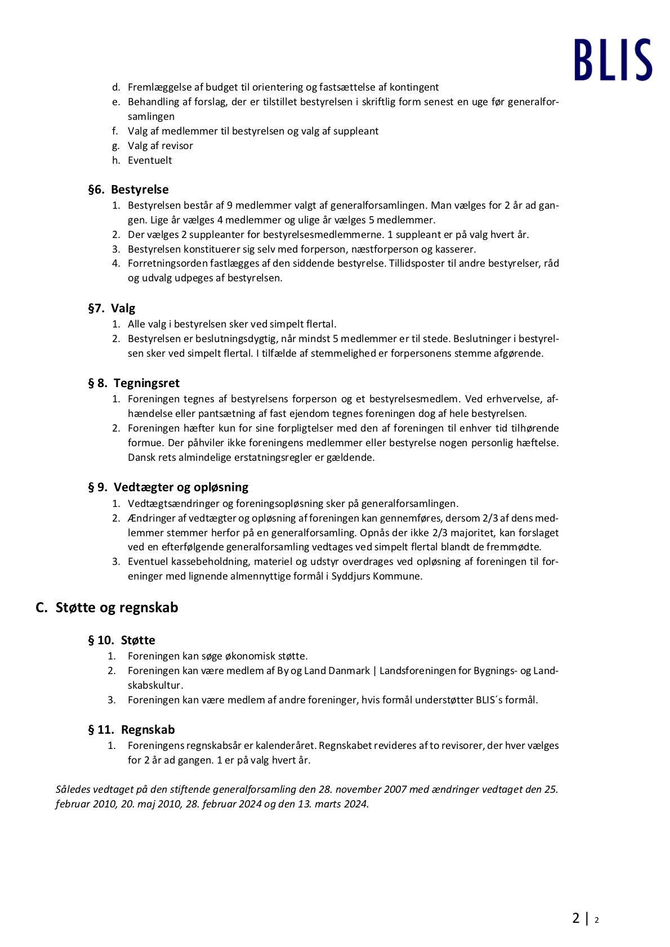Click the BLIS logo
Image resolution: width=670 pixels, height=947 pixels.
pyautogui.click(x=613, y=60)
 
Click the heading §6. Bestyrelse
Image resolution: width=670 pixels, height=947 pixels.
pyautogui.click(x=128, y=190)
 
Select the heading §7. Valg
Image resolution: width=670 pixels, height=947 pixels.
pyautogui.click(x=111, y=308)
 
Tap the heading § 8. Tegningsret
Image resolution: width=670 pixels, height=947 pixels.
pyautogui.click(x=133, y=383)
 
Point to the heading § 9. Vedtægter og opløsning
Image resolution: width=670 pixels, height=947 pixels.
pyautogui.click(x=168, y=487)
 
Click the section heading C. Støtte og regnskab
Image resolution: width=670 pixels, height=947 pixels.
pyautogui.click(x=107, y=608)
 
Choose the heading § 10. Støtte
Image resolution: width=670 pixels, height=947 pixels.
pyautogui.click(x=121, y=640)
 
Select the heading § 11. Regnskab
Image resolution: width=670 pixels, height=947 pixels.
pyautogui.click(x=131, y=730)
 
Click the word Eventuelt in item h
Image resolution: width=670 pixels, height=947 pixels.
pyautogui.click(x=150, y=160)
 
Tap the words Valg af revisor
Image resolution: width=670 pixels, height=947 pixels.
pyautogui.click(x=160, y=146)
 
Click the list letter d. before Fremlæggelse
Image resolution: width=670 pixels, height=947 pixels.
pyautogui.click(x=116, y=87)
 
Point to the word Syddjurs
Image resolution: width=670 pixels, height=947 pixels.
pyautogui.click(x=351, y=576)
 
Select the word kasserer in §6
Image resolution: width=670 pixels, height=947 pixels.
pyautogui.click(x=455, y=249)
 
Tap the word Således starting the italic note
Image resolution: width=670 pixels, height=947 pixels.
pyautogui.click(x=73, y=789)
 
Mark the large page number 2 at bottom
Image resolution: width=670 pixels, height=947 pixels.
pyautogui.click(x=575, y=918)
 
